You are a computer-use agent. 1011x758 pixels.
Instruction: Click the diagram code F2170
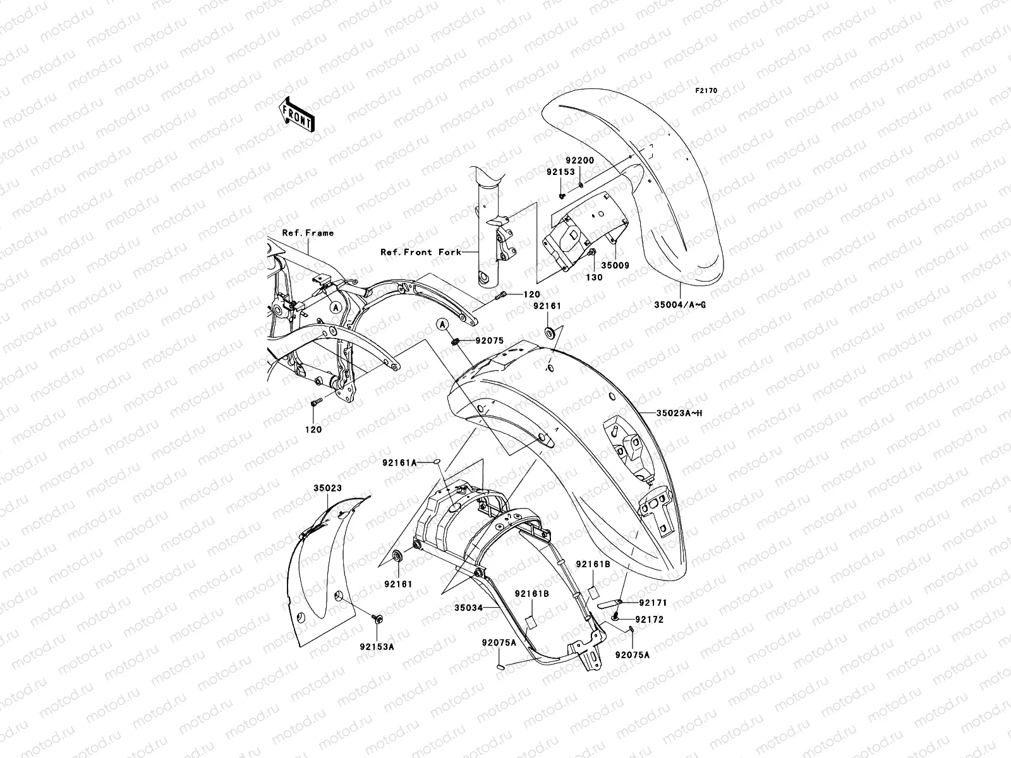pyautogui.click(x=706, y=91)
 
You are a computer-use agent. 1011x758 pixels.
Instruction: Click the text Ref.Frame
pyautogui.click(x=308, y=233)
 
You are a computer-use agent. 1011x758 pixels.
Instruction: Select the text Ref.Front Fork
pyautogui.click(x=416, y=252)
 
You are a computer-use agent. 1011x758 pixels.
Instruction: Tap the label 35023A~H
pyautogui.click(x=679, y=413)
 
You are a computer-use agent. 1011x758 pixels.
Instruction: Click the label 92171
pyautogui.click(x=653, y=603)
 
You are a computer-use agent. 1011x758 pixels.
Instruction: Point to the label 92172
pyautogui.click(x=649, y=620)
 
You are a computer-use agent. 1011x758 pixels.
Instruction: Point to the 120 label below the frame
pyautogui.click(x=314, y=430)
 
